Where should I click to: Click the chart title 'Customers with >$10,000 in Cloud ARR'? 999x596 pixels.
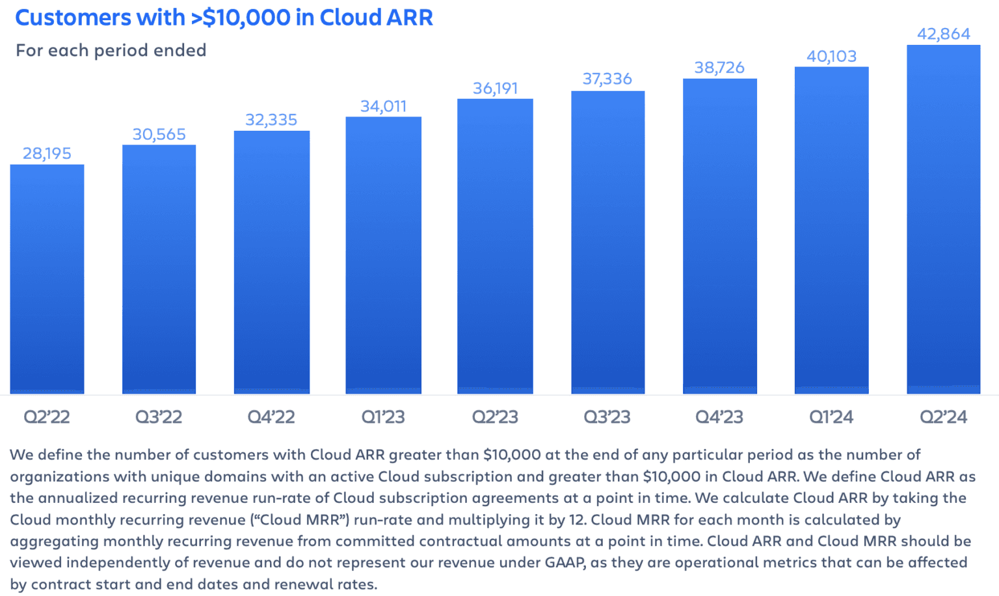click(x=224, y=18)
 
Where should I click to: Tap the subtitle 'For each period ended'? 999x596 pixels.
click(x=111, y=50)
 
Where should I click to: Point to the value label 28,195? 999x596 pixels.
click(x=47, y=154)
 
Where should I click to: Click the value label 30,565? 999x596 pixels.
click(x=159, y=135)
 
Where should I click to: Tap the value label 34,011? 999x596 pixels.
click(x=383, y=106)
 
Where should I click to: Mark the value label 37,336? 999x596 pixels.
click(x=607, y=79)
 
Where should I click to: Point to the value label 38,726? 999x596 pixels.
click(x=719, y=68)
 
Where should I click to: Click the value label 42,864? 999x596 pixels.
click(x=943, y=34)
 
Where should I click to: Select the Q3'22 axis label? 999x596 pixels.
click(x=159, y=417)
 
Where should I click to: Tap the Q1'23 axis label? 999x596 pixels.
click(x=383, y=417)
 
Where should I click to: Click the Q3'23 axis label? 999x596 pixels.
click(x=607, y=417)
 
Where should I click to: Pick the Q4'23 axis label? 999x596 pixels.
click(x=719, y=417)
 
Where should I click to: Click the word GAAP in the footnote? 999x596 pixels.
click(x=566, y=563)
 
